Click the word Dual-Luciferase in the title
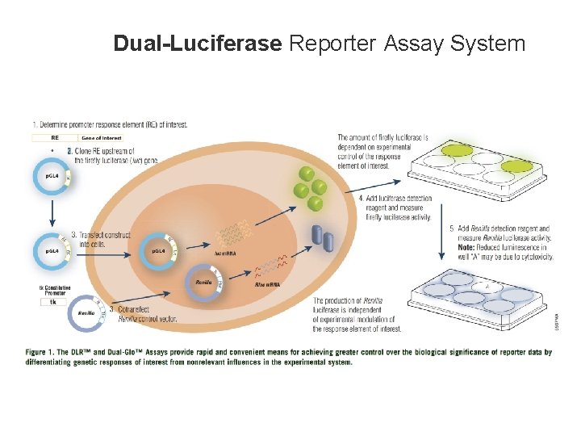(x=198, y=43)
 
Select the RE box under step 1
(x=55, y=137)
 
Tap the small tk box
(x=54, y=302)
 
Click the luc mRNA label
(x=225, y=253)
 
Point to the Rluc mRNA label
(x=267, y=285)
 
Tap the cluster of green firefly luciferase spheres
(x=311, y=183)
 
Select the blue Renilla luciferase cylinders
(x=322, y=235)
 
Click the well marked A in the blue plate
(x=486, y=285)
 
